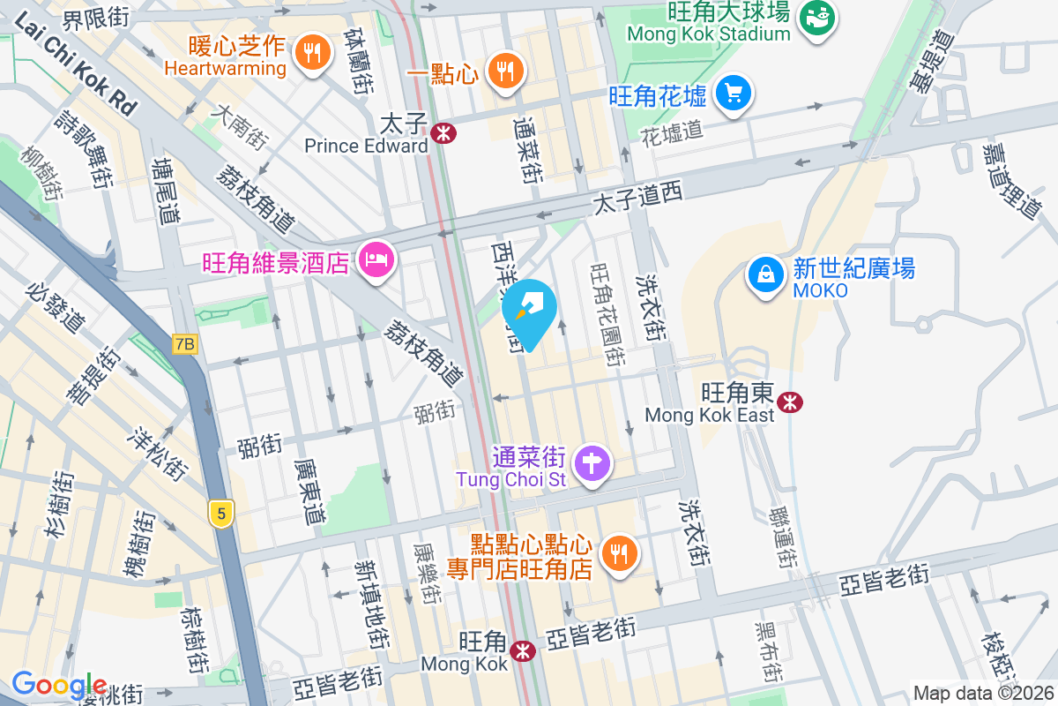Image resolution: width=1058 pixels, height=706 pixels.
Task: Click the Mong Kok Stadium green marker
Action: (x=816, y=17)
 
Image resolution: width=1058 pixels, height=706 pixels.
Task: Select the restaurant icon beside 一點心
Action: (x=504, y=71)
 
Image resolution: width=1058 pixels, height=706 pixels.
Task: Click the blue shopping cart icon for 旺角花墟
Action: (x=733, y=93)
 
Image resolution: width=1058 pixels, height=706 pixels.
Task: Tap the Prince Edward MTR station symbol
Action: (x=443, y=133)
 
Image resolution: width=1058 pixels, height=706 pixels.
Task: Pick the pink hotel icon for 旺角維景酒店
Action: (x=377, y=260)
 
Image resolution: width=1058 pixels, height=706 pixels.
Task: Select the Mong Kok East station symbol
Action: (x=791, y=402)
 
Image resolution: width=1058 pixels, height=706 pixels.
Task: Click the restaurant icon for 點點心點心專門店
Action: (x=620, y=553)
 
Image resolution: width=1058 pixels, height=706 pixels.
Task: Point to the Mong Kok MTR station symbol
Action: (x=524, y=651)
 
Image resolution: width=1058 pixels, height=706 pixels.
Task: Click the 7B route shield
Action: (x=184, y=344)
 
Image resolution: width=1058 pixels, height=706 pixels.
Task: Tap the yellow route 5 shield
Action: (x=221, y=513)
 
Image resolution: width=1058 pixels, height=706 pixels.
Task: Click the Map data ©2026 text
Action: (x=982, y=694)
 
